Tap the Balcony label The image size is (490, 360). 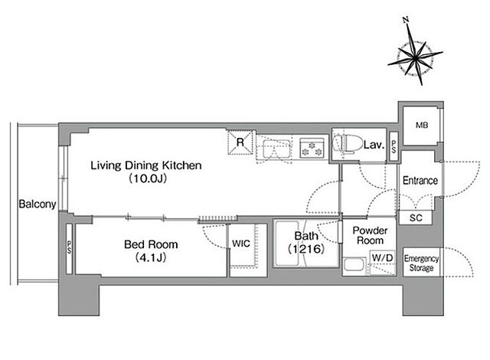point(38,204)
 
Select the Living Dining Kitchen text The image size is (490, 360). point(146,165)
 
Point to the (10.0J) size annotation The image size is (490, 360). point(148,178)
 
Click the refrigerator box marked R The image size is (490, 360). point(240,142)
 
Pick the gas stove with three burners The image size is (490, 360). point(312,148)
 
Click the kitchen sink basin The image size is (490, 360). point(276,148)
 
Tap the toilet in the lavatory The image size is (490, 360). point(346,144)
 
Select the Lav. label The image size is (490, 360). point(374,145)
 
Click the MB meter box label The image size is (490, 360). point(422,126)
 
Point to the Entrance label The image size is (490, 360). point(420,180)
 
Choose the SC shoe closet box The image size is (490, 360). point(416,218)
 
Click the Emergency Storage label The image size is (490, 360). point(421,263)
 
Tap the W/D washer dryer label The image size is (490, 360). point(383,258)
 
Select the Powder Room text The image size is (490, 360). point(370,235)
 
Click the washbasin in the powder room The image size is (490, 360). point(354,266)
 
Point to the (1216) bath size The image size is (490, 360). point(306,249)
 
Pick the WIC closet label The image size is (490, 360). point(241,244)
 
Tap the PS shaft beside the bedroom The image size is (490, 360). point(69,249)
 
